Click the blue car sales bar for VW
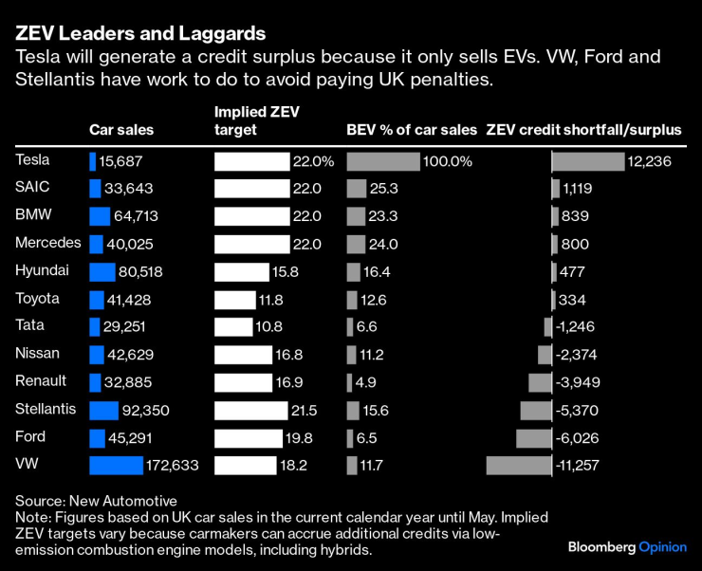coord(115,465)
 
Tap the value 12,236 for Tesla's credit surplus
coord(650,162)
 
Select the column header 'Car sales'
coord(121,130)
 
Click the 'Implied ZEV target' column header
coord(257,120)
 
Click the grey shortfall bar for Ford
coord(533,437)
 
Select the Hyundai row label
coord(42,271)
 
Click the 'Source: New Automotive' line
coord(97,500)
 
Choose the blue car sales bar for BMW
coord(100,216)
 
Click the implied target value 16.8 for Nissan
coord(299,355)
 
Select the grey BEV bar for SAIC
coord(357,189)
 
